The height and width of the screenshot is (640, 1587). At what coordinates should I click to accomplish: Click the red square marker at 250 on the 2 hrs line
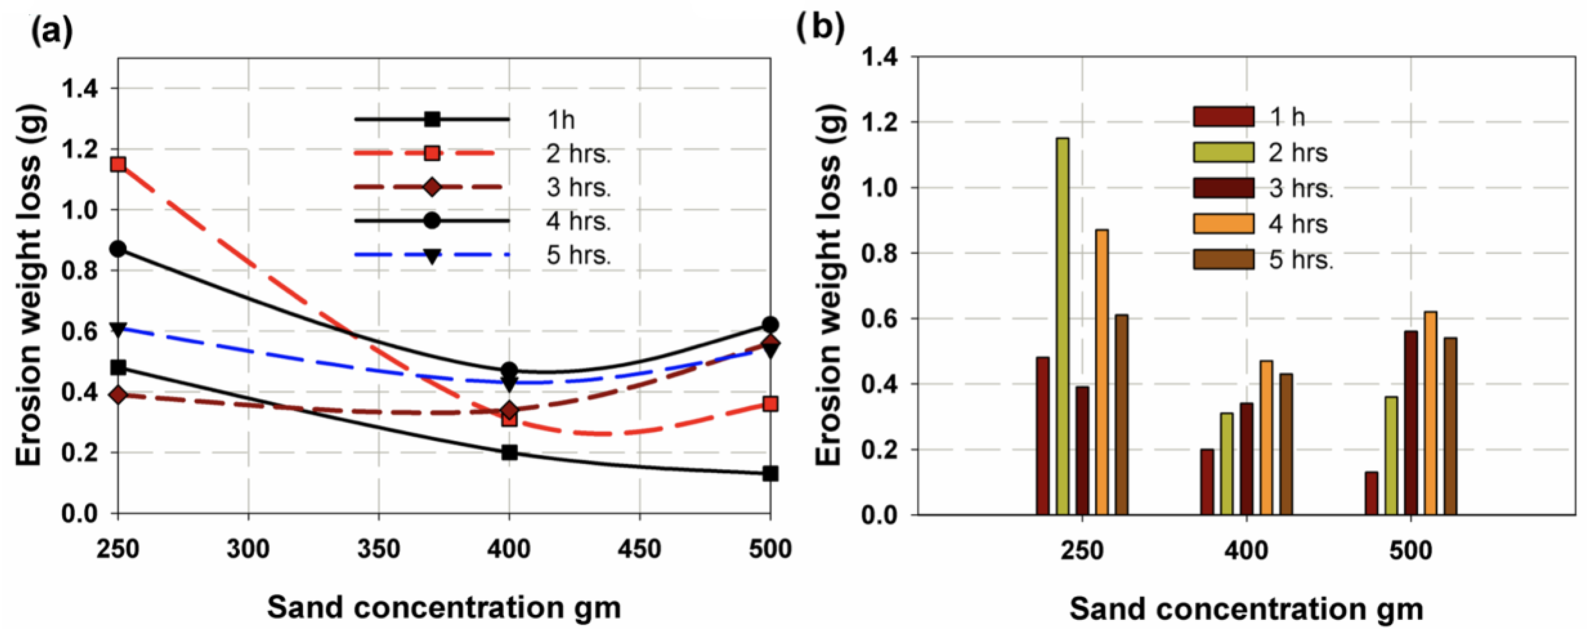click(118, 164)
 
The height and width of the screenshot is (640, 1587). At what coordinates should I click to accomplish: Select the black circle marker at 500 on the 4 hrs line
click(770, 325)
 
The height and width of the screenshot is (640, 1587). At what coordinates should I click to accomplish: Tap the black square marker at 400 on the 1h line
click(509, 452)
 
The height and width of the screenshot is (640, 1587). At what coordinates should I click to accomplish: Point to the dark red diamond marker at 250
click(118, 395)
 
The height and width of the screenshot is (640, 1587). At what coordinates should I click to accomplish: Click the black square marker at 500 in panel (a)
click(770, 474)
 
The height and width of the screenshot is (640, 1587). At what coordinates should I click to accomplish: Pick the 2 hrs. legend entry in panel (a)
click(578, 153)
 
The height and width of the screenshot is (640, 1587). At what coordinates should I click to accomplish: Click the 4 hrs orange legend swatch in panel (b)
click(1223, 224)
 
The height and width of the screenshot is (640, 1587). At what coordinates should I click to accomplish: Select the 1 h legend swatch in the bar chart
click(1223, 117)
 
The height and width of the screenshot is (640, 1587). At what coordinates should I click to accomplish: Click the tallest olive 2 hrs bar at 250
click(1063, 327)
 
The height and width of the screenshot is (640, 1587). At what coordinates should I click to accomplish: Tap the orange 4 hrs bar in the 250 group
click(1102, 372)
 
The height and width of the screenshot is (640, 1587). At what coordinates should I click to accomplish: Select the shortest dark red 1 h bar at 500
click(1371, 493)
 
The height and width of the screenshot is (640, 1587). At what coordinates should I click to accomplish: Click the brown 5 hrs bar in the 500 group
click(1450, 426)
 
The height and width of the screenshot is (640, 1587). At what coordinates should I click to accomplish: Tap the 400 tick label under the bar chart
click(1246, 550)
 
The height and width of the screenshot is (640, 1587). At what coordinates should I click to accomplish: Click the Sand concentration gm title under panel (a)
click(443, 608)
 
